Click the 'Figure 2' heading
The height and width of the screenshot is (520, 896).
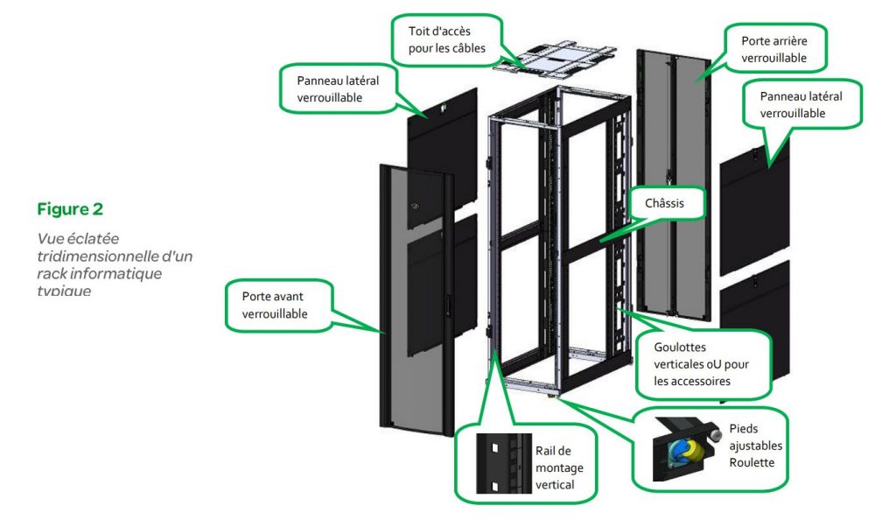(x=70, y=209)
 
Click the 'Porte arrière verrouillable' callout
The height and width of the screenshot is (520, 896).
(x=773, y=49)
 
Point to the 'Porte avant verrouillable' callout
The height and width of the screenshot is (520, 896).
(x=275, y=306)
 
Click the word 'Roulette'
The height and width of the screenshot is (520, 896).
(x=752, y=461)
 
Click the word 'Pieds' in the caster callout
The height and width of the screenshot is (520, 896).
(x=743, y=430)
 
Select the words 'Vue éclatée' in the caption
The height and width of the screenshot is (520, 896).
(x=79, y=238)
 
